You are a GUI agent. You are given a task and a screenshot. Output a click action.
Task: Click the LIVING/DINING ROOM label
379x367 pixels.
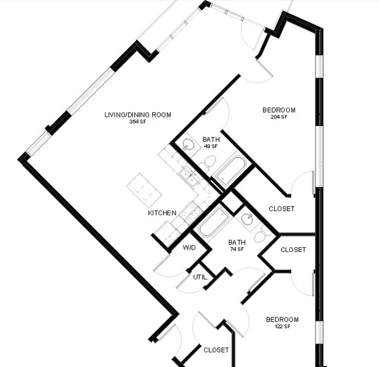point(138,115)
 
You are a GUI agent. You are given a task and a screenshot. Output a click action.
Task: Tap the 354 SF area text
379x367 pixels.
point(138,122)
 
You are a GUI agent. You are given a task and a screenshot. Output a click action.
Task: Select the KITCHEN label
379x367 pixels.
point(162,213)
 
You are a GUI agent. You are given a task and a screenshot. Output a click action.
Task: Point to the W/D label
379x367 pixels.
point(189,248)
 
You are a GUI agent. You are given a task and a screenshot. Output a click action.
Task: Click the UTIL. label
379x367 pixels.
point(201,277)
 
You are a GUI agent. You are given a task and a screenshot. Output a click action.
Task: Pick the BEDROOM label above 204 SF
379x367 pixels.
point(279,110)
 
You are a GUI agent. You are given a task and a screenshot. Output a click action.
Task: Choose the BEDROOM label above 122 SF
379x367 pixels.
point(282,320)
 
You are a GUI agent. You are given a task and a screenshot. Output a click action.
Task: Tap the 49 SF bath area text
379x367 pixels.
point(211,146)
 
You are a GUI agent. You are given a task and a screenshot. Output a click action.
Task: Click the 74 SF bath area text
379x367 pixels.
point(237,249)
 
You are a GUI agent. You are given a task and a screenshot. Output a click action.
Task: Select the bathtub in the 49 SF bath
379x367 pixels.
point(230,170)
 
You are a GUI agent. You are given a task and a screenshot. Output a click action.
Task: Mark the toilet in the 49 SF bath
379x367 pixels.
point(208,163)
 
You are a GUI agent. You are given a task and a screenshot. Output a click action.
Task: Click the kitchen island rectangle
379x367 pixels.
point(144,190)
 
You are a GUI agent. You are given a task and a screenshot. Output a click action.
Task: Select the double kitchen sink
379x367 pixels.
point(189,177)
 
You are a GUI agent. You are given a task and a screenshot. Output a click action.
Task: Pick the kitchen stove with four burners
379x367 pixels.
point(191,212)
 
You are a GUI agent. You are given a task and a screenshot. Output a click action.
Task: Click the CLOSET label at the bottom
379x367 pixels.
point(216,350)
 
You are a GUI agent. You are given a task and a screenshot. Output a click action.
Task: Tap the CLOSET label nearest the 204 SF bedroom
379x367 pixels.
point(282,209)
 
